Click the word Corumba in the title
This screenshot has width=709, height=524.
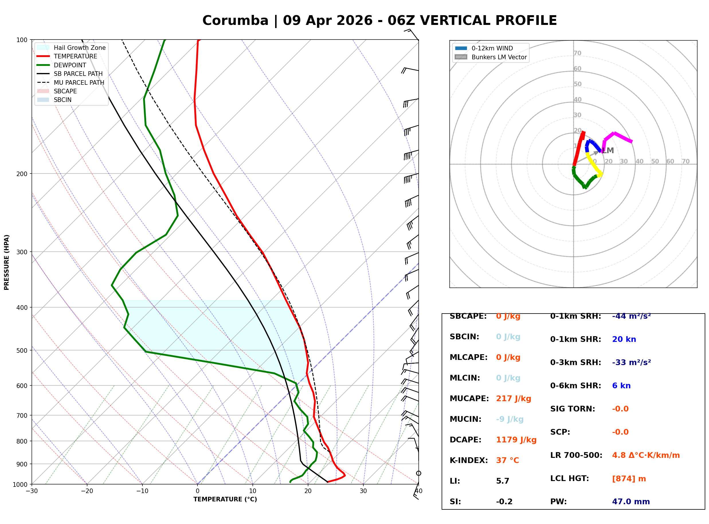(x=235, y=21)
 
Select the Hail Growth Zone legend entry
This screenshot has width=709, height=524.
(x=79, y=48)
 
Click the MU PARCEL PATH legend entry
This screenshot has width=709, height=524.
(x=79, y=82)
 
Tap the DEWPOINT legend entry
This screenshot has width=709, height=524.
(x=70, y=65)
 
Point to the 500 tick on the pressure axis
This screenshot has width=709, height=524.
(x=22, y=350)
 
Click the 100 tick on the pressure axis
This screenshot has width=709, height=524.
(x=22, y=40)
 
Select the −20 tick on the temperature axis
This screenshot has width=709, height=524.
(x=87, y=491)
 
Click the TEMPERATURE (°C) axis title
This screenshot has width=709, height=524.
(x=225, y=499)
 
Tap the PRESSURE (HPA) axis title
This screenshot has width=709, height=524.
(x=7, y=262)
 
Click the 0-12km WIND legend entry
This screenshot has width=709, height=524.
(x=492, y=48)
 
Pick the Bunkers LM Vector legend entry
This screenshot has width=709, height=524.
(x=499, y=57)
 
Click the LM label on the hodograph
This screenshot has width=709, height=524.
(x=608, y=151)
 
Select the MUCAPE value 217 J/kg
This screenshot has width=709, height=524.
(x=514, y=398)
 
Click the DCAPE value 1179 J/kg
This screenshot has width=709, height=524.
(x=516, y=440)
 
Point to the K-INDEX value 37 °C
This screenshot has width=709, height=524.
(x=508, y=460)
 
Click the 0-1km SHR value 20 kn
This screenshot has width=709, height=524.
(x=624, y=339)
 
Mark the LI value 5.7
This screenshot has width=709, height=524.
(x=502, y=481)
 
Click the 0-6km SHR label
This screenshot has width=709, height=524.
(x=575, y=385)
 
